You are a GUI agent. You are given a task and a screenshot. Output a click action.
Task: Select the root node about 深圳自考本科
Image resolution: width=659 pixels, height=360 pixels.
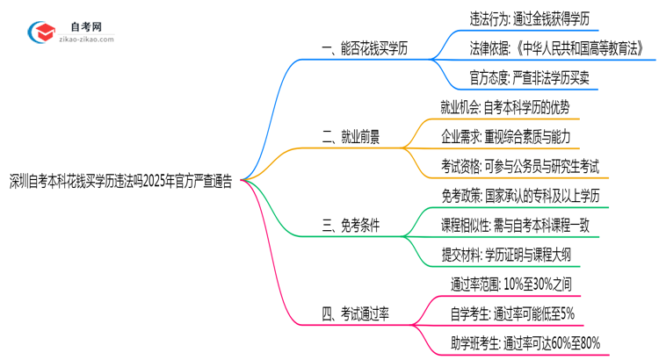tap(121, 182)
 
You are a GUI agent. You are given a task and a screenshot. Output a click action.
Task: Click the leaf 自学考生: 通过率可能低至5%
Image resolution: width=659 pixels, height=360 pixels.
tap(512, 313)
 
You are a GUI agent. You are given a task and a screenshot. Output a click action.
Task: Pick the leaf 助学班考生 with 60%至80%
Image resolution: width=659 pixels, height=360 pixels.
tap(525, 342)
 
